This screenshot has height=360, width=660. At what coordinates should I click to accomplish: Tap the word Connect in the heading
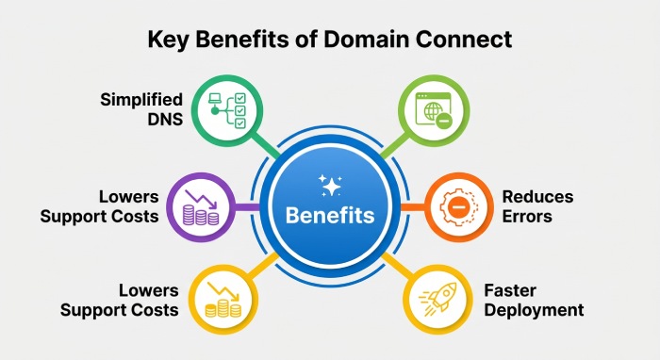[x=464, y=40]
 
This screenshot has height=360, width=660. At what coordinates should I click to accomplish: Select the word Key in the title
[x=168, y=41]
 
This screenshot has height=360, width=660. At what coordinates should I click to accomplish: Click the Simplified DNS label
[x=141, y=109]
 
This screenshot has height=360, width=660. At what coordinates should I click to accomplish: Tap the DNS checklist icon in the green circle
[x=227, y=110]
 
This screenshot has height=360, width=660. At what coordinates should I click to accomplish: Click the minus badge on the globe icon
[x=444, y=122]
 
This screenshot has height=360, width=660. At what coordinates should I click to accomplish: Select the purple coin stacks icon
[x=201, y=207]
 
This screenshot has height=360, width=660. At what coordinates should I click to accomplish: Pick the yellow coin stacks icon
[x=223, y=299]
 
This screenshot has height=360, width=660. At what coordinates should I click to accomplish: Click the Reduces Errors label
[x=537, y=206]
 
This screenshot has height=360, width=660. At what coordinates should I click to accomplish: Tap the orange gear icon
[x=459, y=207]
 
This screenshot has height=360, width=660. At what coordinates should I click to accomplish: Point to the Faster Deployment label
[x=534, y=300]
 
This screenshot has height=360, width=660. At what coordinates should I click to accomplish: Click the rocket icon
[x=437, y=299]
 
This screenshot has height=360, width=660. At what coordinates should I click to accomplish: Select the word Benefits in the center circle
[x=330, y=215]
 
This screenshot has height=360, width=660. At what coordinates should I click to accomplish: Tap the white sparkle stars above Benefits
[x=330, y=186]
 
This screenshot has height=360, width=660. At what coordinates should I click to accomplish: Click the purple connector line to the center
[x=247, y=207]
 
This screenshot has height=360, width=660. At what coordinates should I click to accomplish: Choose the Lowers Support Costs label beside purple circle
[x=99, y=206]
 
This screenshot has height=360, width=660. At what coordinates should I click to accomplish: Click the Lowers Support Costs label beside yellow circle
[x=119, y=300]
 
